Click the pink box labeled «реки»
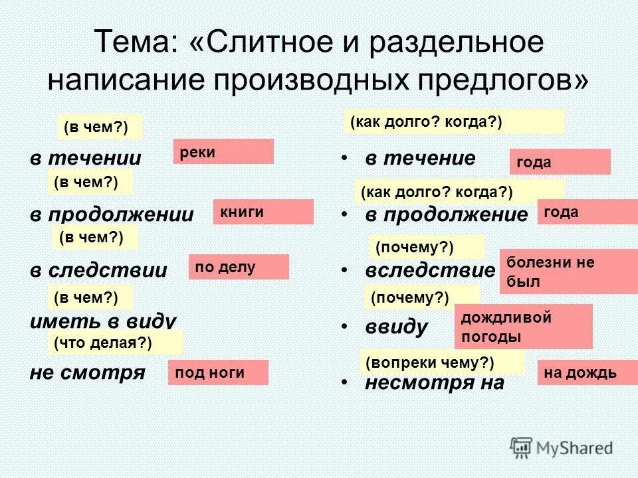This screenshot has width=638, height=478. tap(223, 151)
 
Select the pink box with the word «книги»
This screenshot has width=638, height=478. tap(263, 212)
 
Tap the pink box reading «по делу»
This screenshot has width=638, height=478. tap(239, 267)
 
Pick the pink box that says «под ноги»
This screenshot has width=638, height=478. tap(218, 372)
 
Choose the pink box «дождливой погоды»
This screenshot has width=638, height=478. tap(523, 327)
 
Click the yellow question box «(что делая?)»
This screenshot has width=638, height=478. tap(114, 343)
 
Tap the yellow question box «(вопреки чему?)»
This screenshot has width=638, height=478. tap(442, 362)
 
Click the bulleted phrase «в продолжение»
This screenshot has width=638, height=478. tap(445, 214)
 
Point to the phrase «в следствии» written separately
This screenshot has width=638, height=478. tap(98, 270)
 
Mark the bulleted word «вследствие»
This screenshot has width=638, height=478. tap(430, 271)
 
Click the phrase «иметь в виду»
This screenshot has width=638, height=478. tap(103, 322)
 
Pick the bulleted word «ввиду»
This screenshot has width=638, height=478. tap(397, 327)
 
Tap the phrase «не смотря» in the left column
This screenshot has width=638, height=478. tap(87, 372)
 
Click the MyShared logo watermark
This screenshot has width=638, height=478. tap(562, 447)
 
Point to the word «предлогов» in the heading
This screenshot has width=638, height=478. tap(496, 80)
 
